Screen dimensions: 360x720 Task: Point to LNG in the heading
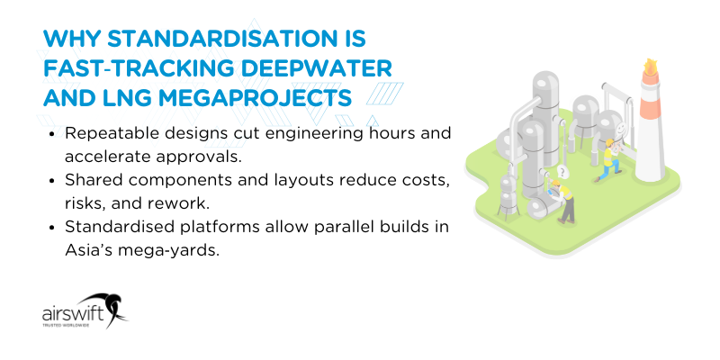click(121, 96)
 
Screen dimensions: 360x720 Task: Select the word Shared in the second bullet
click(91, 180)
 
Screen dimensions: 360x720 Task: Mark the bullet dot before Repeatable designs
click(54, 133)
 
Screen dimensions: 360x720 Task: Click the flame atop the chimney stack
click(648, 67)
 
